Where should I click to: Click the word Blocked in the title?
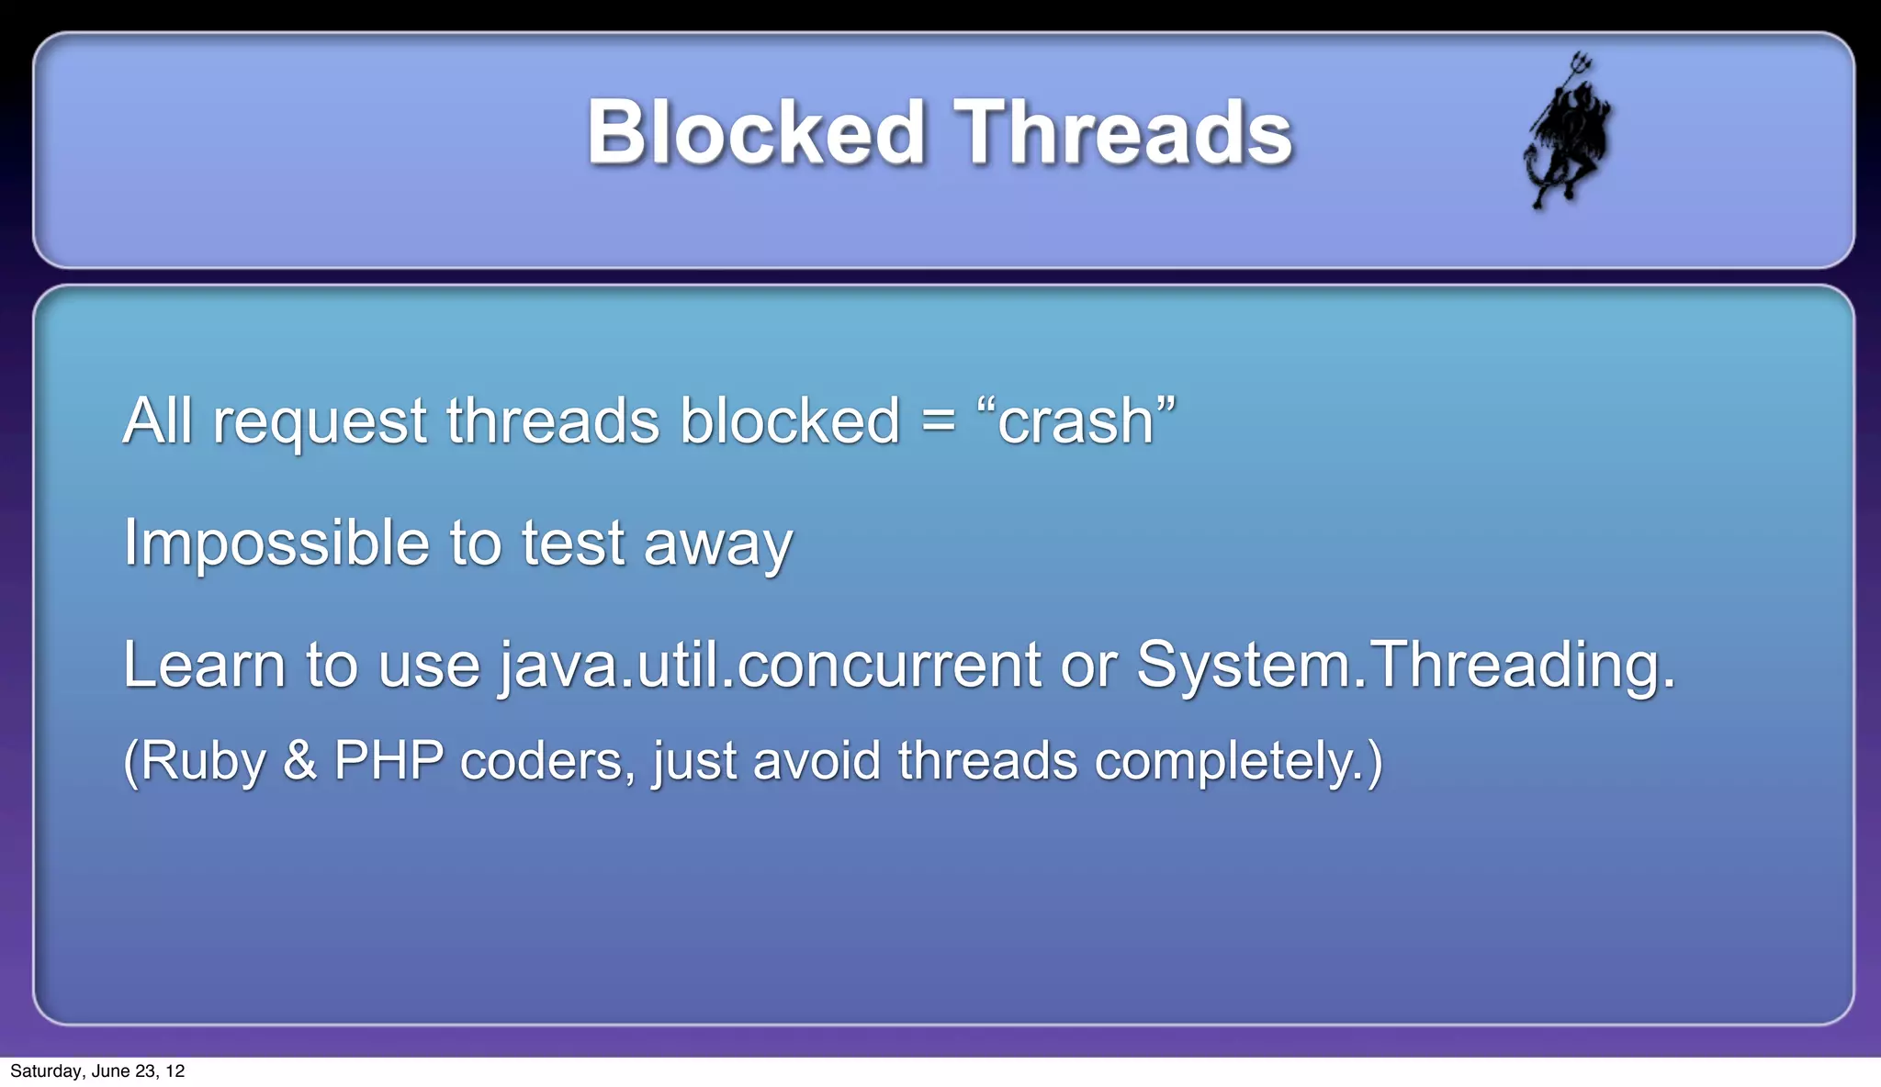(x=755, y=133)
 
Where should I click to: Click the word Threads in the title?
(x=1122, y=133)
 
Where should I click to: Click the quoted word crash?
(x=1076, y=421)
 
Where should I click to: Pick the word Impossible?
(x=276, y=543)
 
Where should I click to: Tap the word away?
(x=717, y=543)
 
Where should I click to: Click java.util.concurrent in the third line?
(x=770, y=665)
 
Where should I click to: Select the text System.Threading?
(x=1405, y=665)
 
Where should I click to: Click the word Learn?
(x=204, y=665)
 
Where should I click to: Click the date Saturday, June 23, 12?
(x=97, y=1071)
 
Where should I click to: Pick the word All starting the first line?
(x=157, y=421)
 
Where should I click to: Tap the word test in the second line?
(x=573, y=543)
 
